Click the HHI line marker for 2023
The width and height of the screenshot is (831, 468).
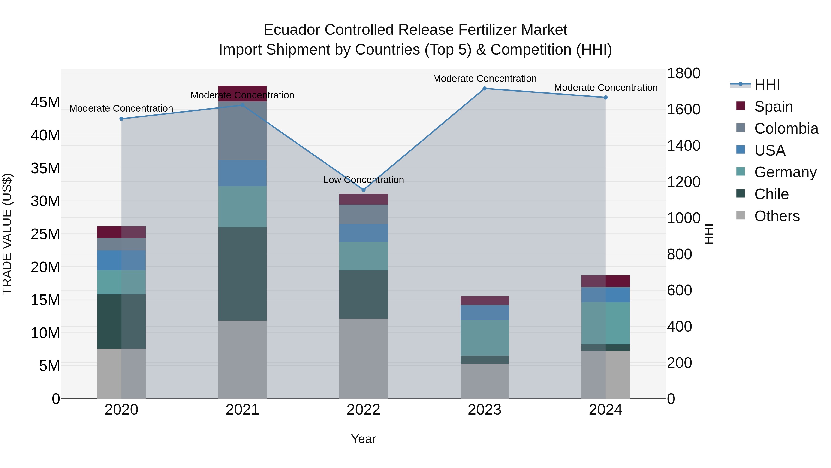tap(484, 89)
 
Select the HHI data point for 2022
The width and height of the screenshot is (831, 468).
tap(364, 190)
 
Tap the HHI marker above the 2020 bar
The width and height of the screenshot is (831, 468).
tap(121, 119)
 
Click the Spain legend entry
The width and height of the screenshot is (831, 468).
tap(773, 106)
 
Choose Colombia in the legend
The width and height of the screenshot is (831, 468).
tap(786, 128)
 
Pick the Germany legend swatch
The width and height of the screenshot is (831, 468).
tap(741, 171)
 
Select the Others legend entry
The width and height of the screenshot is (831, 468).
tap(777, 216)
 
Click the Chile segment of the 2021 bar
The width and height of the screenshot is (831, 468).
tap(242, 274)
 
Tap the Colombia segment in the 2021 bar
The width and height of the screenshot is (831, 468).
tap(242, 131)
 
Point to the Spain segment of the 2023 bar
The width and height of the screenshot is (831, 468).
tap(484, 300)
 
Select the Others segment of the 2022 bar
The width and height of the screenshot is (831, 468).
tap(364, 358)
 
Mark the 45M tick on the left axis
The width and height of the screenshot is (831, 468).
tap(45, 102)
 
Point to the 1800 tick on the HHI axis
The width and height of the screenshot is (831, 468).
tap(683, 73)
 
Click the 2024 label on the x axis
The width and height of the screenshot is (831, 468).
tap(605, 410)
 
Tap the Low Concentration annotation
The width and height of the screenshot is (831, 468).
tap(364, 180)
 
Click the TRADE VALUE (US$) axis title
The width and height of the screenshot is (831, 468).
tap(7, 234)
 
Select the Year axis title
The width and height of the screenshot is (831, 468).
tap(364, 439)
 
